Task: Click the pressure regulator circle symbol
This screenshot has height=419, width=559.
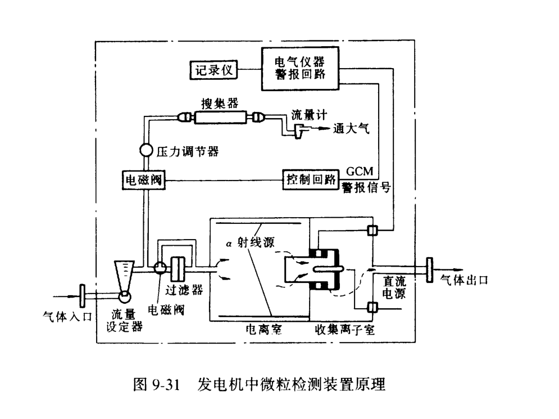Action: point(145,151)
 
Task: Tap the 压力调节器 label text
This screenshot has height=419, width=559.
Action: point(187,151)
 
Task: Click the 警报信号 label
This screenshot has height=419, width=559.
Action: point(366,187)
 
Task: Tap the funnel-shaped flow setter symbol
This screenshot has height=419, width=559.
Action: point(124,276)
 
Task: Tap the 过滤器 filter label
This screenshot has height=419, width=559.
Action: point(180,290)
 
